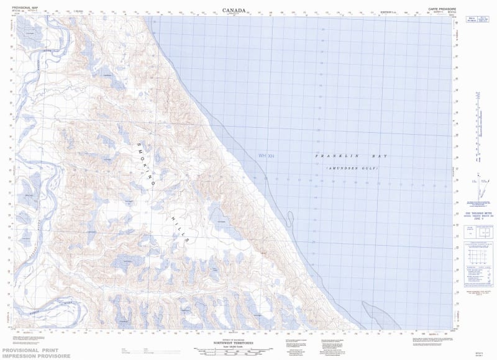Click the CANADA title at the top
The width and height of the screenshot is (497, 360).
(x=234, y=10)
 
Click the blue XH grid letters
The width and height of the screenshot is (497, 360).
(x=271, y=156)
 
